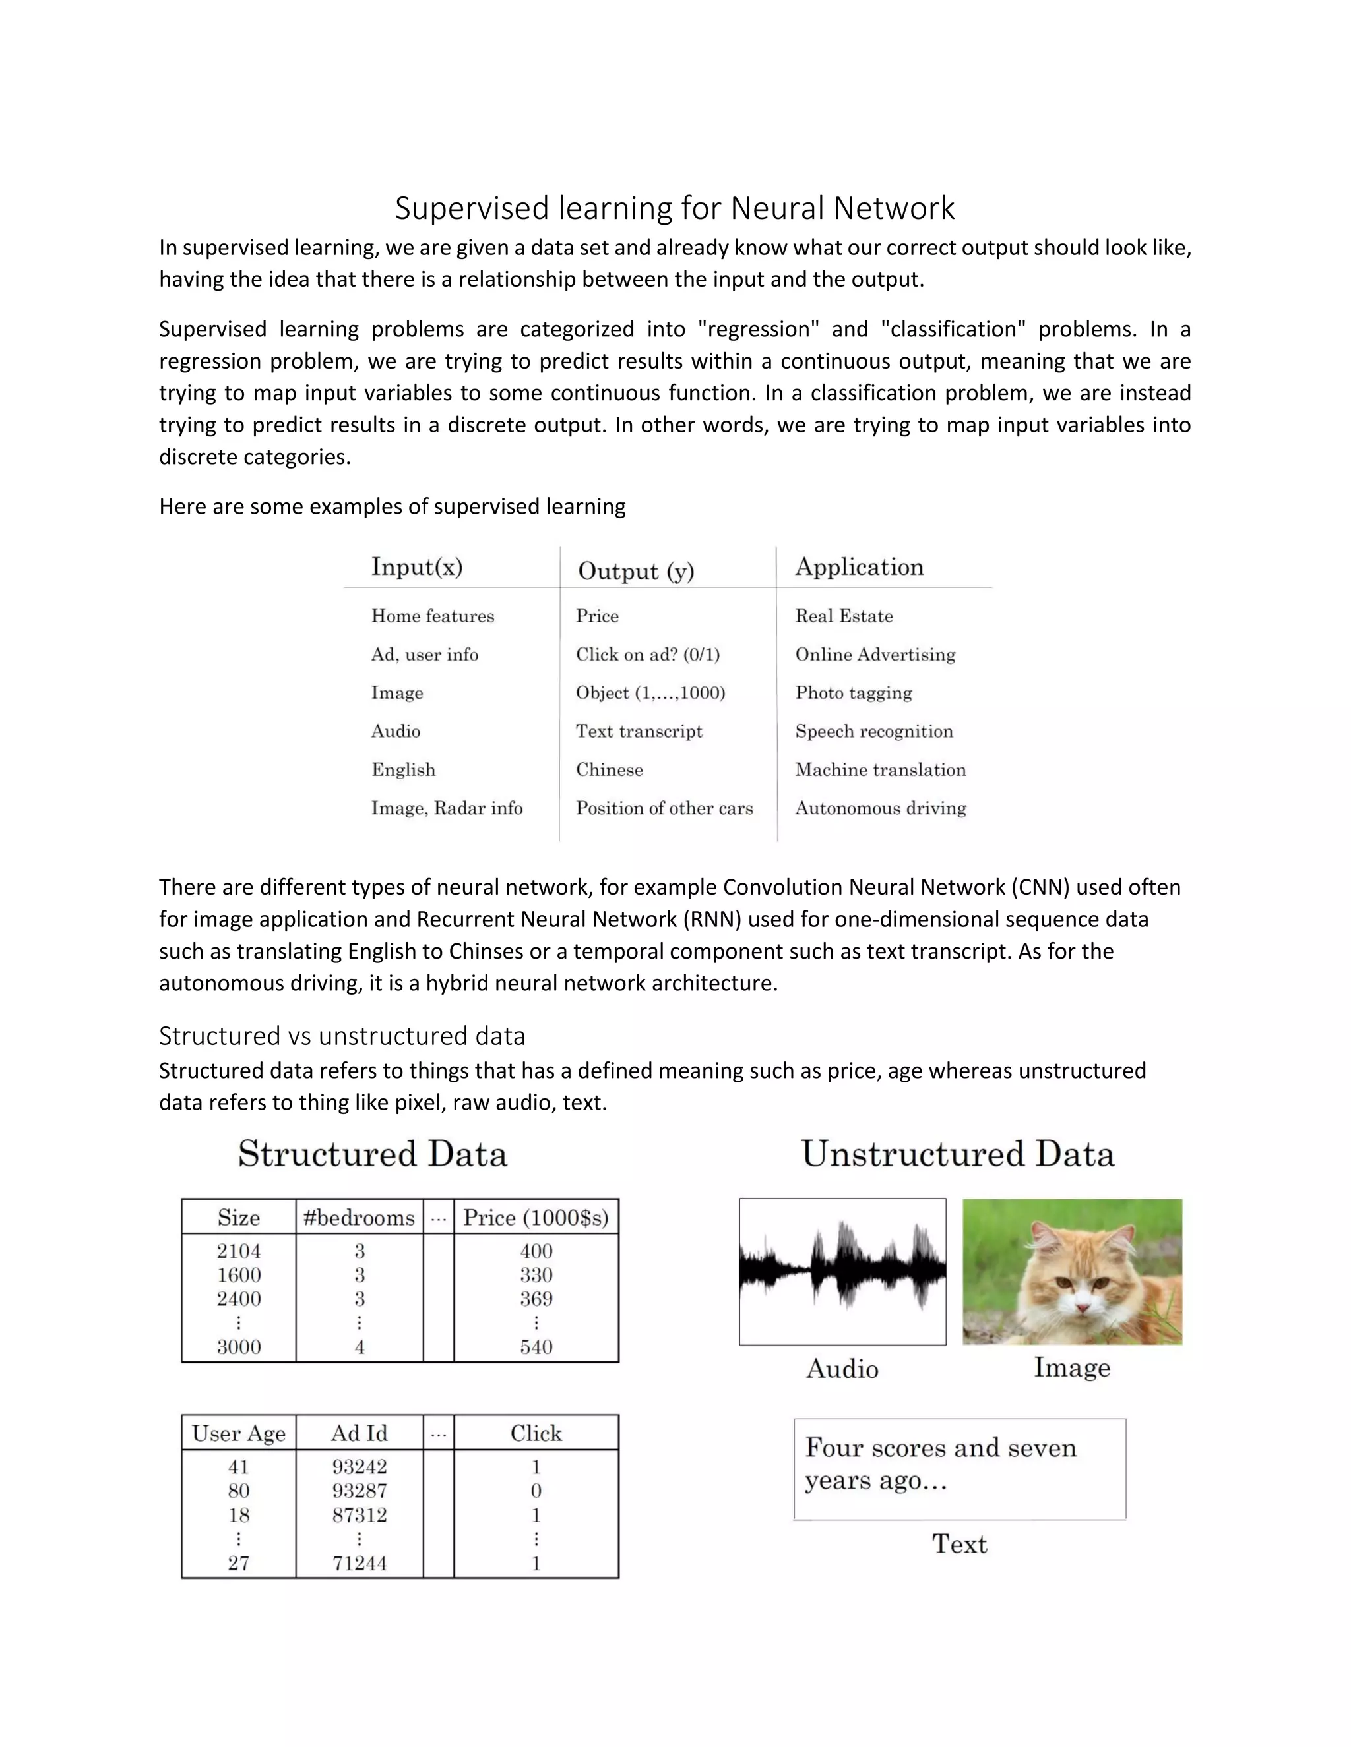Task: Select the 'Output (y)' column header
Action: click(x=635, y=570)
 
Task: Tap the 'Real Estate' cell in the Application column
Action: click(x=844, y=616)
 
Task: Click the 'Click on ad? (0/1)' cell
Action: click(x=648, y=655)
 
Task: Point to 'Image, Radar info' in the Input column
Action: click(x=447, y=808)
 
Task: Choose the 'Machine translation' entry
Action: click(x=881, y=769)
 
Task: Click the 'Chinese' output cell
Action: click(x=609, y=769)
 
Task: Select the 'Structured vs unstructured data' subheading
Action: click(x=342, y=1036)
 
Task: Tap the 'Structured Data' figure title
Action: click(x=372, y=1154)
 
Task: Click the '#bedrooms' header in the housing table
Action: click(x=359, y=1218)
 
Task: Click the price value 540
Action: click(x=536, y=1347)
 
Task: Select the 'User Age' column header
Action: click(x=239, y=1433)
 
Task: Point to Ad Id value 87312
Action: click(x=360, y=1515)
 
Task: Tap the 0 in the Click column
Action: click(x=536, y=1491)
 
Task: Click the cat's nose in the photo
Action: click(x=1082, y=1308)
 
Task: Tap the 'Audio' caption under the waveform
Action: click(x=842, y=1369)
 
